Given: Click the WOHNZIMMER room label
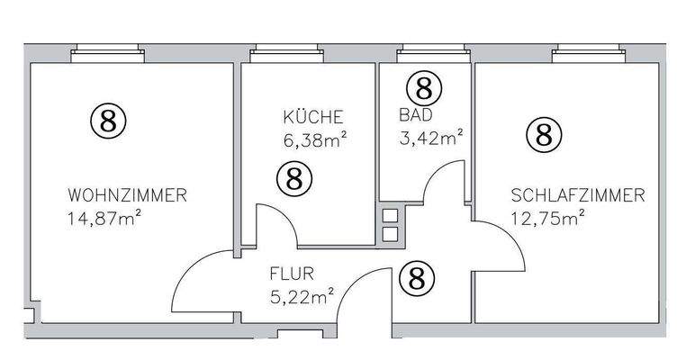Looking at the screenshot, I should (x=127, y=194).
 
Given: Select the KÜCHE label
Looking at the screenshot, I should (x=312, y=117).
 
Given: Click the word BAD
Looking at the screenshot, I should (x=416, y=115).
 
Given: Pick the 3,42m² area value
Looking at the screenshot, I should (x=430, y=138).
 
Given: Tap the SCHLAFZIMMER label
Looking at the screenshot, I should (x=577, y=194).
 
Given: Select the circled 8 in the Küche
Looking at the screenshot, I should (x=293, y=177).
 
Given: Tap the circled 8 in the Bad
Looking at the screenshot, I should (x=424, y=87).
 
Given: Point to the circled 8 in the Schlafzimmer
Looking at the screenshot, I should (x=543, y=134).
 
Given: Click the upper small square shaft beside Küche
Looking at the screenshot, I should (x=390, y=216).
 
